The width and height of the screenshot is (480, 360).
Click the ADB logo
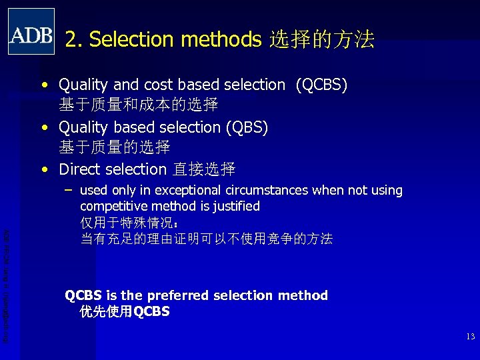pyautogui.click(x=31, y=31)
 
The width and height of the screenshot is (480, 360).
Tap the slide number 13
pyautogui.click(x=471, y=337)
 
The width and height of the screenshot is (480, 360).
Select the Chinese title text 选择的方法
pyautogui.click(x=321, y=40)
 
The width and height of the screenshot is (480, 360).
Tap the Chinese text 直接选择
pyautogui.click(x=204, y=169)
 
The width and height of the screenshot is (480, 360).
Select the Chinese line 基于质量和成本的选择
pyautogui.click(x=139, y=105)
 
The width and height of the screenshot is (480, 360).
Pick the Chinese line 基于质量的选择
pyautogui.click(x=115, y=147)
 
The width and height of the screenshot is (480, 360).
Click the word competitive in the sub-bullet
pyautogui.click(x=113, y=207)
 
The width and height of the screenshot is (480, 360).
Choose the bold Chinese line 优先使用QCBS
pyautogui.click(x=125, y=311)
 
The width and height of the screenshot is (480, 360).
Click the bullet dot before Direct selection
pyautogui.click(x=44, y=169)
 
